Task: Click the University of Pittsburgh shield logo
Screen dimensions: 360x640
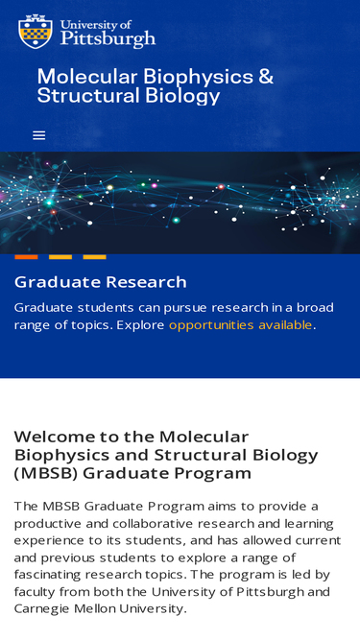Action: [x=36, y=32]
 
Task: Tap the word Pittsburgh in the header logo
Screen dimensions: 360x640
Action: [x=108, y=39]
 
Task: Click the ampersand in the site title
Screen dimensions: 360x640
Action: [x=265, y=77]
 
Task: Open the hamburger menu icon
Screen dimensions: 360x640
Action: [x=39, y=135]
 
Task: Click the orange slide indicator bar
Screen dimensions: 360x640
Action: [x=26, y=257]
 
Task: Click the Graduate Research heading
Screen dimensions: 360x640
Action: [x=101, y=282]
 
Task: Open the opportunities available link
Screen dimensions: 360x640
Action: [x=240, y=325]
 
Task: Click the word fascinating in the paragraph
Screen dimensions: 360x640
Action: [x=47, y=575]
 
